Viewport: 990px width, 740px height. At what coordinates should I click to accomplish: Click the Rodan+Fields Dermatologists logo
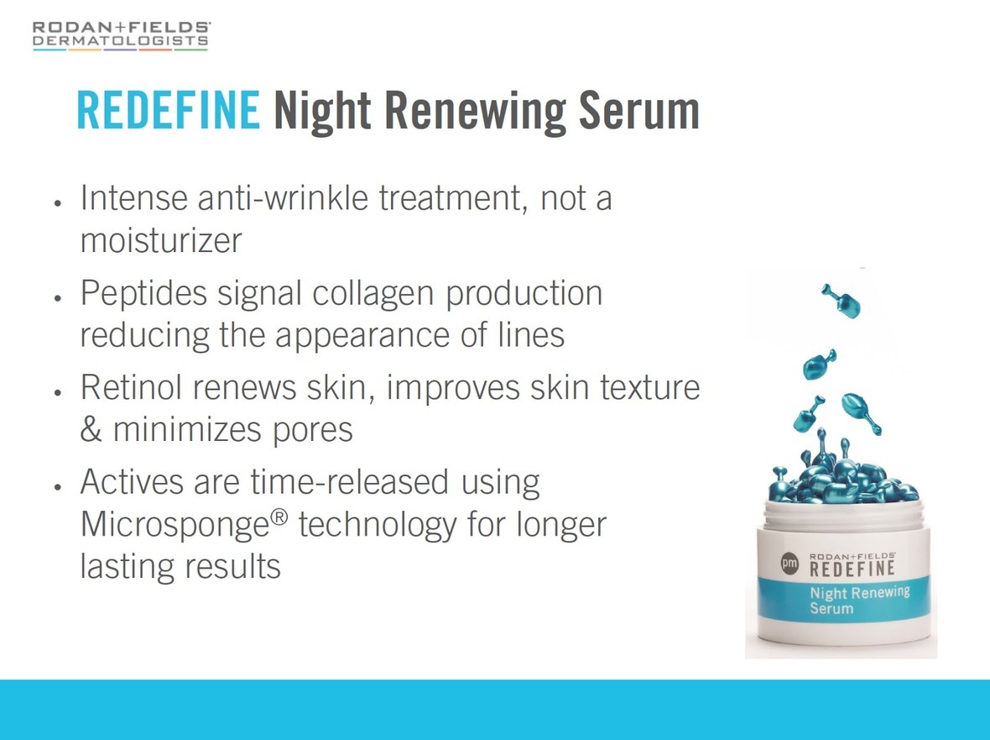(121, 36)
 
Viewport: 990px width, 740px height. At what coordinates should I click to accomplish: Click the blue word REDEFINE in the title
(168, 111)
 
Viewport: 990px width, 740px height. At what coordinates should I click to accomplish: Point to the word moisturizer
(161, 240)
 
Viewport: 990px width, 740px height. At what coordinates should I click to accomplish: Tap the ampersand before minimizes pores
(91, 429)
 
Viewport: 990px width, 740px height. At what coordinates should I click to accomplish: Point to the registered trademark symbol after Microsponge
(279, 517)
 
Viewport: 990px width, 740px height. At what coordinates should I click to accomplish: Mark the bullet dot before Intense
(57, 203)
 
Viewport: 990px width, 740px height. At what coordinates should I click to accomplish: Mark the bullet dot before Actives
(57, 487)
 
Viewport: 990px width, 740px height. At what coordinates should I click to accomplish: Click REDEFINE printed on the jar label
(852, 568)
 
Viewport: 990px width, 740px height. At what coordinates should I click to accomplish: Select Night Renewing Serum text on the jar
(859, 601)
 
